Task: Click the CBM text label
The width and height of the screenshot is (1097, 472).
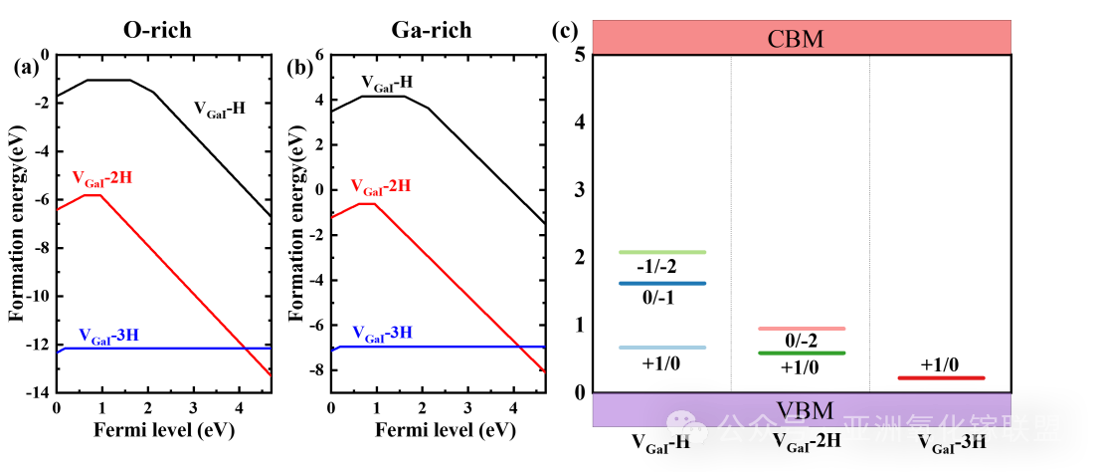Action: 796,39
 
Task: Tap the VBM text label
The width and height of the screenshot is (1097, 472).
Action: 805,409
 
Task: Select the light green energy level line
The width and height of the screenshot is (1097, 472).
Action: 662,252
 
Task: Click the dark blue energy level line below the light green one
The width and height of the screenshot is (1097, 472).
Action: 662,283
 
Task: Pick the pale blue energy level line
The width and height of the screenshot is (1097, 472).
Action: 662,348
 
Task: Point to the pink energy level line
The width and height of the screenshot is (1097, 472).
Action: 802,328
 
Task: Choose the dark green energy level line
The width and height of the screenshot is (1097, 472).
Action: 802,353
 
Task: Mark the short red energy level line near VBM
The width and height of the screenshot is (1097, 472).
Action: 941,377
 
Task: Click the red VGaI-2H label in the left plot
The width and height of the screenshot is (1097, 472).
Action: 102,178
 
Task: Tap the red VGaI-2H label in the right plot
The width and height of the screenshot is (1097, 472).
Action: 380,186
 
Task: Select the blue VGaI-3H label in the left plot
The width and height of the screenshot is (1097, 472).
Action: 108,336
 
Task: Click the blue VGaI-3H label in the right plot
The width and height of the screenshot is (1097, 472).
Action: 382,333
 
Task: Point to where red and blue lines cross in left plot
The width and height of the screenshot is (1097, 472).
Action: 244,348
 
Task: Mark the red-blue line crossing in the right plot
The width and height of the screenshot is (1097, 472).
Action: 519,347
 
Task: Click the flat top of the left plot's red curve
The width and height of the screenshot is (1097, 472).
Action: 91,195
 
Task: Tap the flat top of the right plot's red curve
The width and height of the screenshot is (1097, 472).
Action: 367,203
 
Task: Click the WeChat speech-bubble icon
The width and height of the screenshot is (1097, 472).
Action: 687,427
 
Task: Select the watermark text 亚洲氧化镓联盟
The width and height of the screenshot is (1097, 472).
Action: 952,429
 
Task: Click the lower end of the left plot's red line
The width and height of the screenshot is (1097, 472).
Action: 270,374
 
